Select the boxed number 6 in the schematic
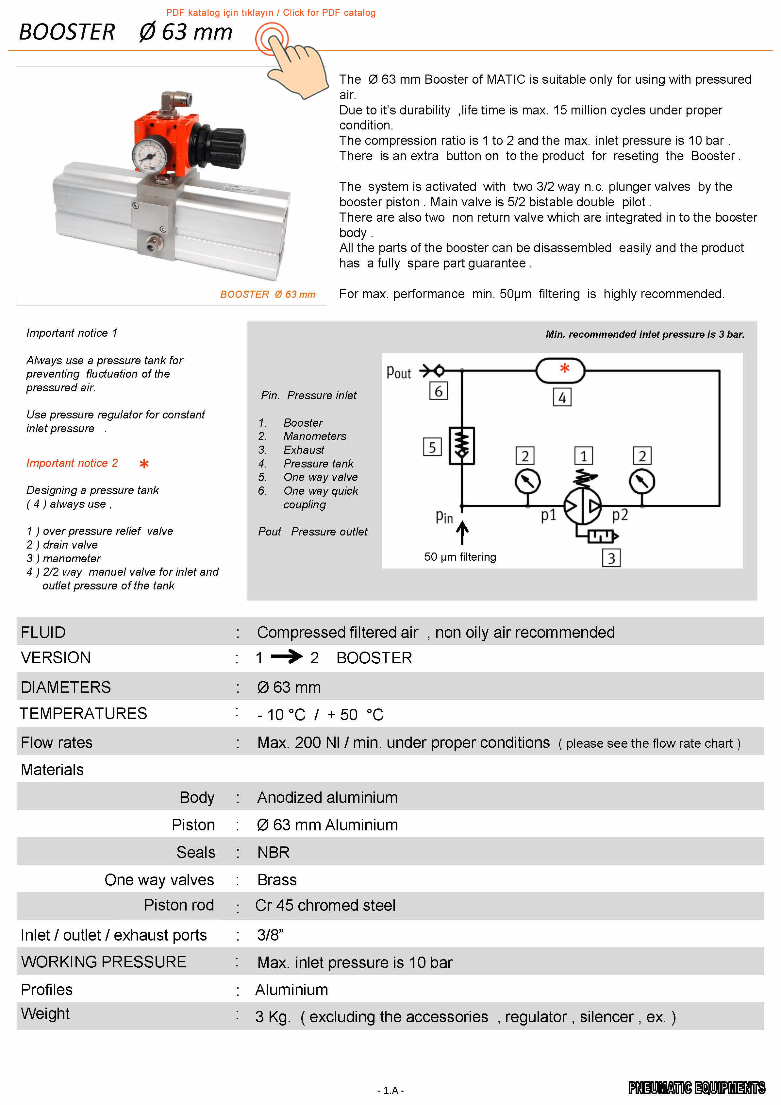[x=438, y=391]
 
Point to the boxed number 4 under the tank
[x=562, y=398]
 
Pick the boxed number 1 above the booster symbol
[x=583, y=456]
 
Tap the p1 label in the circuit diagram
[x=548, y=515]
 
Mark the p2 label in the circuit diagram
[x=620, y=515]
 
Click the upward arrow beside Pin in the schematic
[x=462, y=533]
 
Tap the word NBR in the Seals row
[x=273, y=852]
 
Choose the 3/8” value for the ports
[x=270, y=935]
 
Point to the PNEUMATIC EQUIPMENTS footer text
[x=696, y=1088]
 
